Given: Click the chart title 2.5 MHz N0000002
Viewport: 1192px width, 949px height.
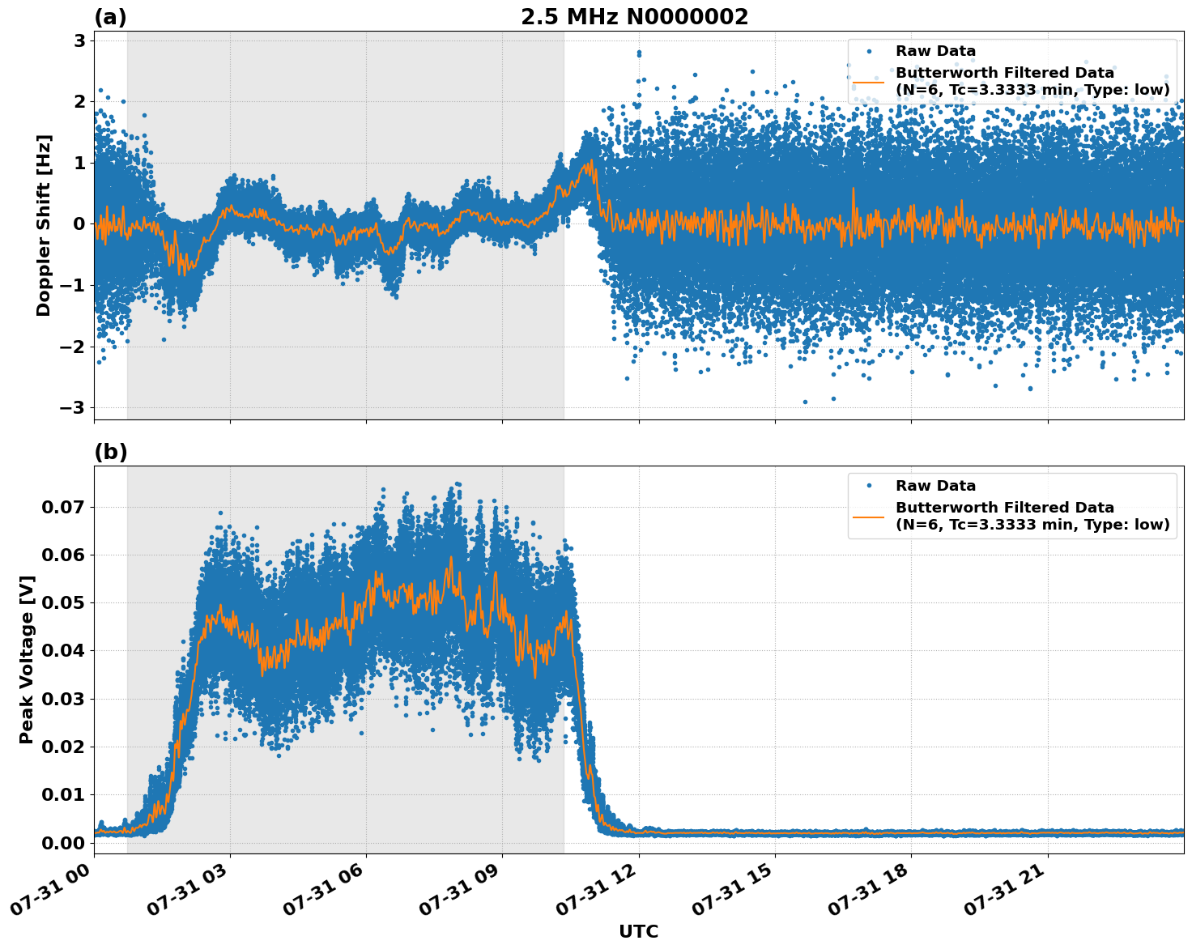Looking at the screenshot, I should [x=634, y=17].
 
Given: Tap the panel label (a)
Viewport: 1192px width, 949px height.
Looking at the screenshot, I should [x=110, y=17].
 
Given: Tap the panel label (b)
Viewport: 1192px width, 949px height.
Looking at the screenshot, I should [x=110, y=452].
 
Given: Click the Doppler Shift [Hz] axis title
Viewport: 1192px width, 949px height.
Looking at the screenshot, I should [x=44, y=225].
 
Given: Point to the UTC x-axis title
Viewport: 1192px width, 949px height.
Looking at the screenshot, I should [x=638, y=931].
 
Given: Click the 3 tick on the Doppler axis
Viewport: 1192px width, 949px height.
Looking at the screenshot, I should [x=80, y=40].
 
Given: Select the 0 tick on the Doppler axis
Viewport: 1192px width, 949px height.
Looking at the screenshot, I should [x=80, y=224].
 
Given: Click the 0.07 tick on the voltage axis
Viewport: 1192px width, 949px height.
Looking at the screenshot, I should [x=62, y=508].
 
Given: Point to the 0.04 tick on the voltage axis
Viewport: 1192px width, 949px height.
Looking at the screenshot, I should [x=62, y=651].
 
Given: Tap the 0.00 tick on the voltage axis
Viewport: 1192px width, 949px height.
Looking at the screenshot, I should [x=62, y=843].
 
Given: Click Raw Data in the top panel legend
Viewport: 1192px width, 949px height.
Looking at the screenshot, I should [x=935, y=52].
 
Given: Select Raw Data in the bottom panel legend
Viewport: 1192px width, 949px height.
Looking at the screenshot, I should [x=935, y=486].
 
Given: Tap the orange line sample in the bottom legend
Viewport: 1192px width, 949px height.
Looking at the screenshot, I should [x=868, y=516].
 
